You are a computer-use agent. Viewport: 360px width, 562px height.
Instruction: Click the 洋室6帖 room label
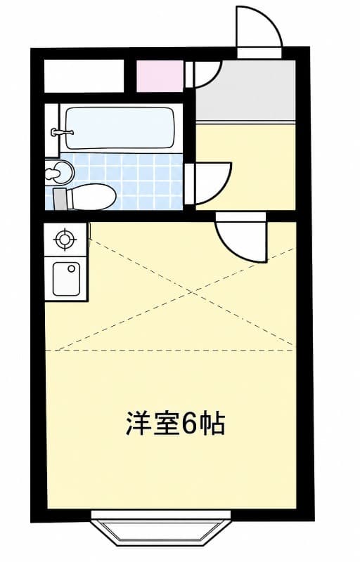tap(175, 424)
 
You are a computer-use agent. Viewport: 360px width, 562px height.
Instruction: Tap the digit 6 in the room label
tap(190, 424)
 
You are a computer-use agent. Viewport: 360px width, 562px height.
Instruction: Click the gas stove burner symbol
tap(65, 239)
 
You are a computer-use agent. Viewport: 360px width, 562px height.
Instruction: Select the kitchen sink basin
tap(66, 279)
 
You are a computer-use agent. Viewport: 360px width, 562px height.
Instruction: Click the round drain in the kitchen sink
tap(72, 268)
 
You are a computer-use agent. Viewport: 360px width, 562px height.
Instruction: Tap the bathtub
tap(120, 129)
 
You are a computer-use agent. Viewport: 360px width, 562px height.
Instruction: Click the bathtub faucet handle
tap(62, 132)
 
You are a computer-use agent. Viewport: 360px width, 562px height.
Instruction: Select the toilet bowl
tap(91, 197)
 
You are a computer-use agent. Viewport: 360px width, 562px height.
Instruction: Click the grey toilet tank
tap(60, 199)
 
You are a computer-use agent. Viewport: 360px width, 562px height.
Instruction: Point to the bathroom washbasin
tap(59, 172)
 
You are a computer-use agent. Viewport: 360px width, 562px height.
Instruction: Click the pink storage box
tap(160, 77)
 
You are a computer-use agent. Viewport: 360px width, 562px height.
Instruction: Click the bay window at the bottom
tap(160, 529)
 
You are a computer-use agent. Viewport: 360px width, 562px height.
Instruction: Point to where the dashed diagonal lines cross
tap(193, 292)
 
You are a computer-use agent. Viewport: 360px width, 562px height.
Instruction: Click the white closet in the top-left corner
tap(84, 77)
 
